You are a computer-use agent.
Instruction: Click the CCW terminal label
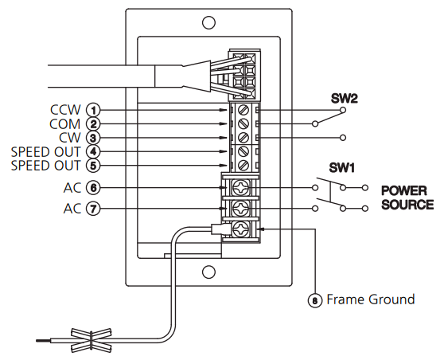click(x=65, y=110)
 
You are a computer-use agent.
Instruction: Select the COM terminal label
click(x=64, y=124)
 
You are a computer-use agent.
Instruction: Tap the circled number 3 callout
click(x=93, y=138)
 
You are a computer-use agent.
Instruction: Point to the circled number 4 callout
click(x=93, y=151)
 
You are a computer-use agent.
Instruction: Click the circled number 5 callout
click(x=93, y=166)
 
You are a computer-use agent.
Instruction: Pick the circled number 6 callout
click(x=93, y=188)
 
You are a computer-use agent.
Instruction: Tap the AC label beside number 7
click(x=72, y=209)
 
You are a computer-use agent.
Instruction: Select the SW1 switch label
click(x=342, y=168)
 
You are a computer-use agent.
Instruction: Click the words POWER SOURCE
click(x=407, y=198)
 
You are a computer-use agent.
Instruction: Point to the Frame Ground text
click(x=371, y=299)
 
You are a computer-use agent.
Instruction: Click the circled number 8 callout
click(x=315, y=300)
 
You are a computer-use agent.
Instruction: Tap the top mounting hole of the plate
click(x=208, y=22)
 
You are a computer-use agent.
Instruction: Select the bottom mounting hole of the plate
click(x=208, y=272)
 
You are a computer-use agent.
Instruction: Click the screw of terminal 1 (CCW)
click(x=243, y=110)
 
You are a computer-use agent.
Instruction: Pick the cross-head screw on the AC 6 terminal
click(x=241, y=187)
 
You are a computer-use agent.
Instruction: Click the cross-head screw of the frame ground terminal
click(x=241, y=229)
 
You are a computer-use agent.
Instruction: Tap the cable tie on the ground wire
click(x=92, y=340)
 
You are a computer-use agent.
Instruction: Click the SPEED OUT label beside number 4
click(x=45, y=152)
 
